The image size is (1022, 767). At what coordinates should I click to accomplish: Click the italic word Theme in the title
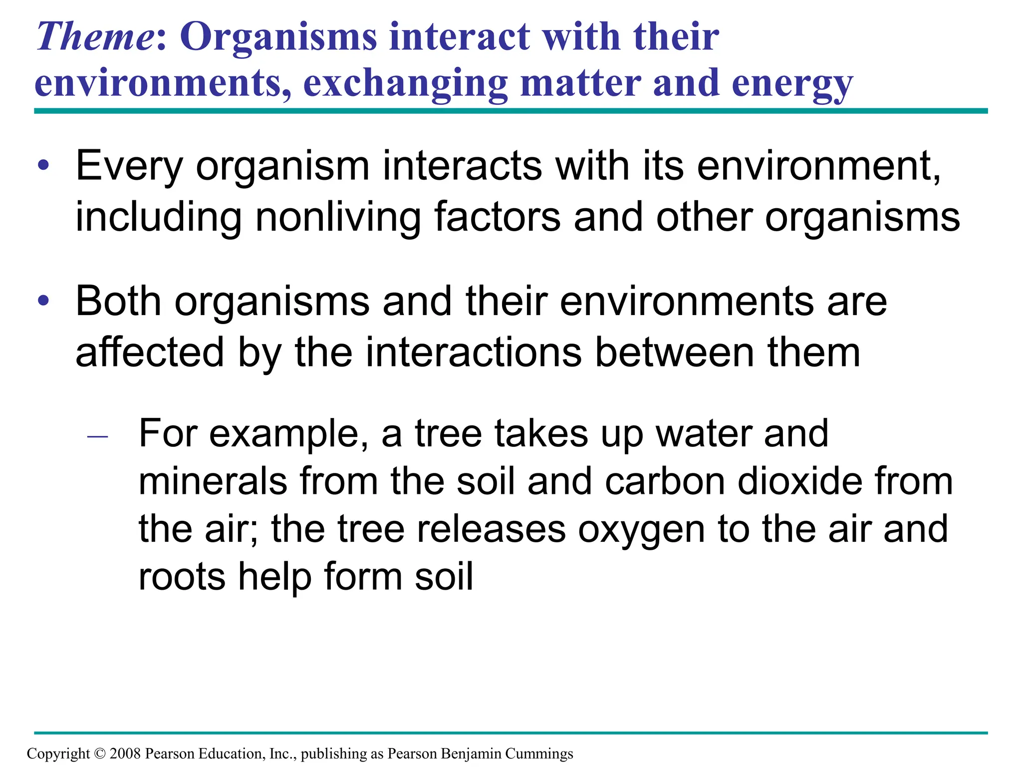click(95, 37)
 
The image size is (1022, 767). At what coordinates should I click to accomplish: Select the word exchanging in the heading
click(405, 83)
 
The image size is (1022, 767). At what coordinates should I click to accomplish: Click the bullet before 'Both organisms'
click(44, 301)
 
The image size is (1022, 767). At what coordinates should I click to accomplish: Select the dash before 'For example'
click(97, 437)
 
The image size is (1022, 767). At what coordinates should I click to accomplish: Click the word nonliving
click(338, 217)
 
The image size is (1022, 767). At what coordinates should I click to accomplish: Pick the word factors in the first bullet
click(497, 217)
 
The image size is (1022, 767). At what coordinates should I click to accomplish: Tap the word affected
click(149, 353)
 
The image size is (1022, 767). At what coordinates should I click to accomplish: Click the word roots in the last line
click(182, 577)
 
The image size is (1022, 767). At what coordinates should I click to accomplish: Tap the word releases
click(491, 529)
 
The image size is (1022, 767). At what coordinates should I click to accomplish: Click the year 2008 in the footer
click(125, 754)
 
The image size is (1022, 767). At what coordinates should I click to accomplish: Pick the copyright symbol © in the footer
click(100, 754)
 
